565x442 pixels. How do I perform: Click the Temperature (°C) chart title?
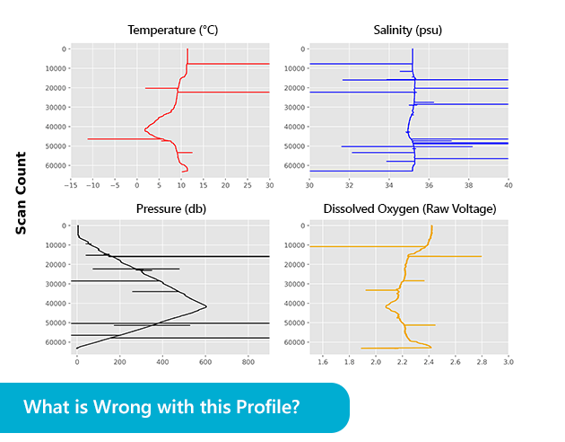(x=173, y=31)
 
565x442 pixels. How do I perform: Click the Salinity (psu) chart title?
(x=407, y=31)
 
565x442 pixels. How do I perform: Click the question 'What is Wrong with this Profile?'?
(x=161, y=406)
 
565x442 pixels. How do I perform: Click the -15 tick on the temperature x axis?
(x=71, y=185)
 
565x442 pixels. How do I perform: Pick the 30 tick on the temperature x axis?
(x=269, y=185)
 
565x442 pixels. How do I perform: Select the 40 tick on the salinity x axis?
(x=508, y=185)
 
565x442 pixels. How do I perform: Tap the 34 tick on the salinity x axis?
(x=389, y=185)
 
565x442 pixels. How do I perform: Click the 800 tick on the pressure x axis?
(x=248, y=364)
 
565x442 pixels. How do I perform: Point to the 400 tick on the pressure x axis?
(x=162, y=364)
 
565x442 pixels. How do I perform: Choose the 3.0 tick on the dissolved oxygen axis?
(x=508, y=364)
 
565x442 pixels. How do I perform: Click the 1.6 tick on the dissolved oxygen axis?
(x=323, y=364)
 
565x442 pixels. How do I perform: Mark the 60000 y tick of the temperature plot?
(x=52, y=165)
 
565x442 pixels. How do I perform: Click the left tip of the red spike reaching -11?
(x=88, y=139)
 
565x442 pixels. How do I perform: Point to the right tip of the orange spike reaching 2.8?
(x=482, y=257)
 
